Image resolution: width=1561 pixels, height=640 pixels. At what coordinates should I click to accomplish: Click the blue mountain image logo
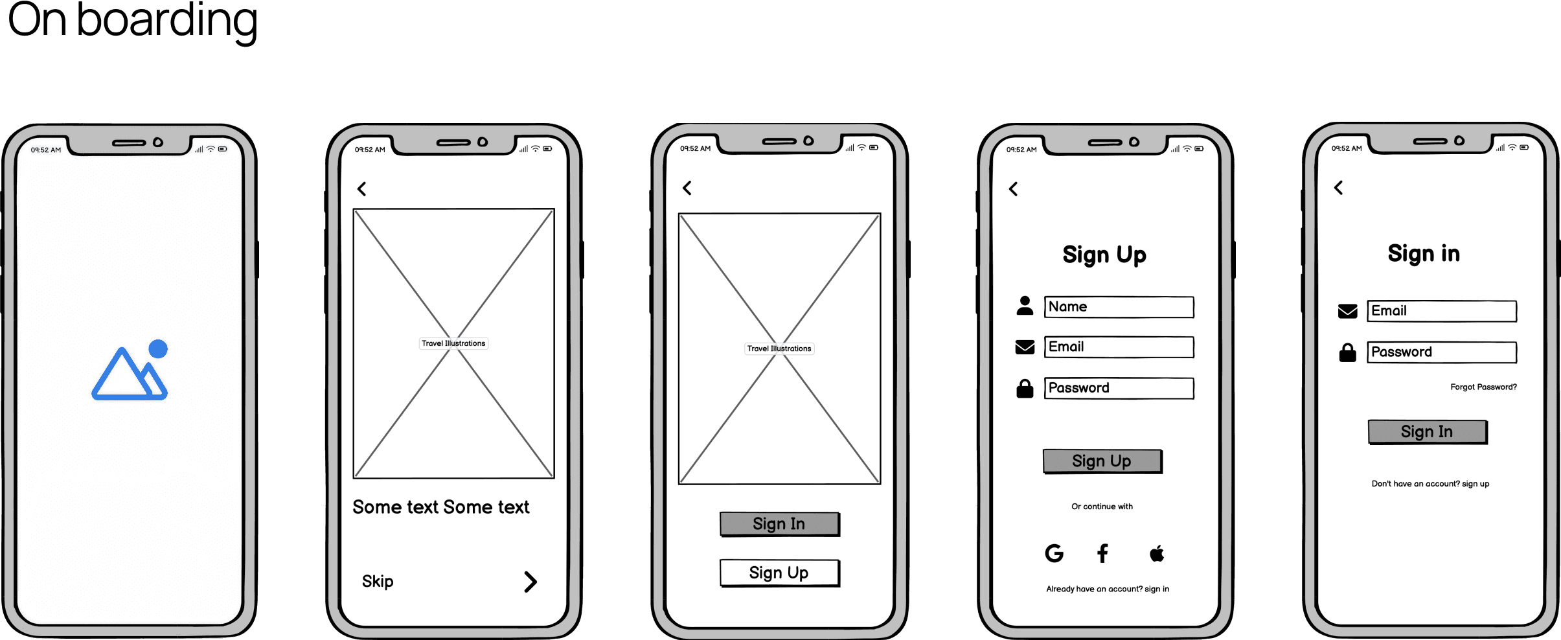130,371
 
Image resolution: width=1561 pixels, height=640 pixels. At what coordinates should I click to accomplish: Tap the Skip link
378,581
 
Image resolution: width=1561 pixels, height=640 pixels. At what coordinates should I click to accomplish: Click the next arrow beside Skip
530,582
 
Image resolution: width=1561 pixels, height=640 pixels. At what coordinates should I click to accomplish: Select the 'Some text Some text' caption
440,507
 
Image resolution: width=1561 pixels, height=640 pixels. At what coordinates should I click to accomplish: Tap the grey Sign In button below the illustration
779,524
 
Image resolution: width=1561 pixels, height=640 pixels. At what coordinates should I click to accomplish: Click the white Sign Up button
779,573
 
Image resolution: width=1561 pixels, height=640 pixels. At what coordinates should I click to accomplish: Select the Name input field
1119,307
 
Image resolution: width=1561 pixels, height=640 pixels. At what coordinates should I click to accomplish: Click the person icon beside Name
1025,306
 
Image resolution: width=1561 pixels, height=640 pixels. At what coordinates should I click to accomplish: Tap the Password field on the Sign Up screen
1119,388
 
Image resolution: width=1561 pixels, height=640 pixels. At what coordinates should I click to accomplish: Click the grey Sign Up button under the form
1102,461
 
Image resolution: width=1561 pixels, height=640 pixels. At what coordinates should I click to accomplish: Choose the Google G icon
1054,553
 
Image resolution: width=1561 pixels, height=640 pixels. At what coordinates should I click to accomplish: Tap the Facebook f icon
1102,553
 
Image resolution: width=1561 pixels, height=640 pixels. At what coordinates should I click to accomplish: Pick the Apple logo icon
1157,553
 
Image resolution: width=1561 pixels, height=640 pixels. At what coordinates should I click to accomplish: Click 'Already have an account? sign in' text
1108,589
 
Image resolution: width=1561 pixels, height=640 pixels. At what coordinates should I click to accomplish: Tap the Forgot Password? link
1483,387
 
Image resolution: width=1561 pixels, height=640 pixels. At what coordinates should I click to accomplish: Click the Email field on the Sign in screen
1442,311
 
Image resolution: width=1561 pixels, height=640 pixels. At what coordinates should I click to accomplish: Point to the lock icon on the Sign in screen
1348,352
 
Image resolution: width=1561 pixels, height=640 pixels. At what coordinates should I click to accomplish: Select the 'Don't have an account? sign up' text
1430,484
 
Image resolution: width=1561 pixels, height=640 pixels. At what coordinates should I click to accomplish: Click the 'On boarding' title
132,21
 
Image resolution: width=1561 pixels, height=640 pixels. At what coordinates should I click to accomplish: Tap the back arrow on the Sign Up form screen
1014,189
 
